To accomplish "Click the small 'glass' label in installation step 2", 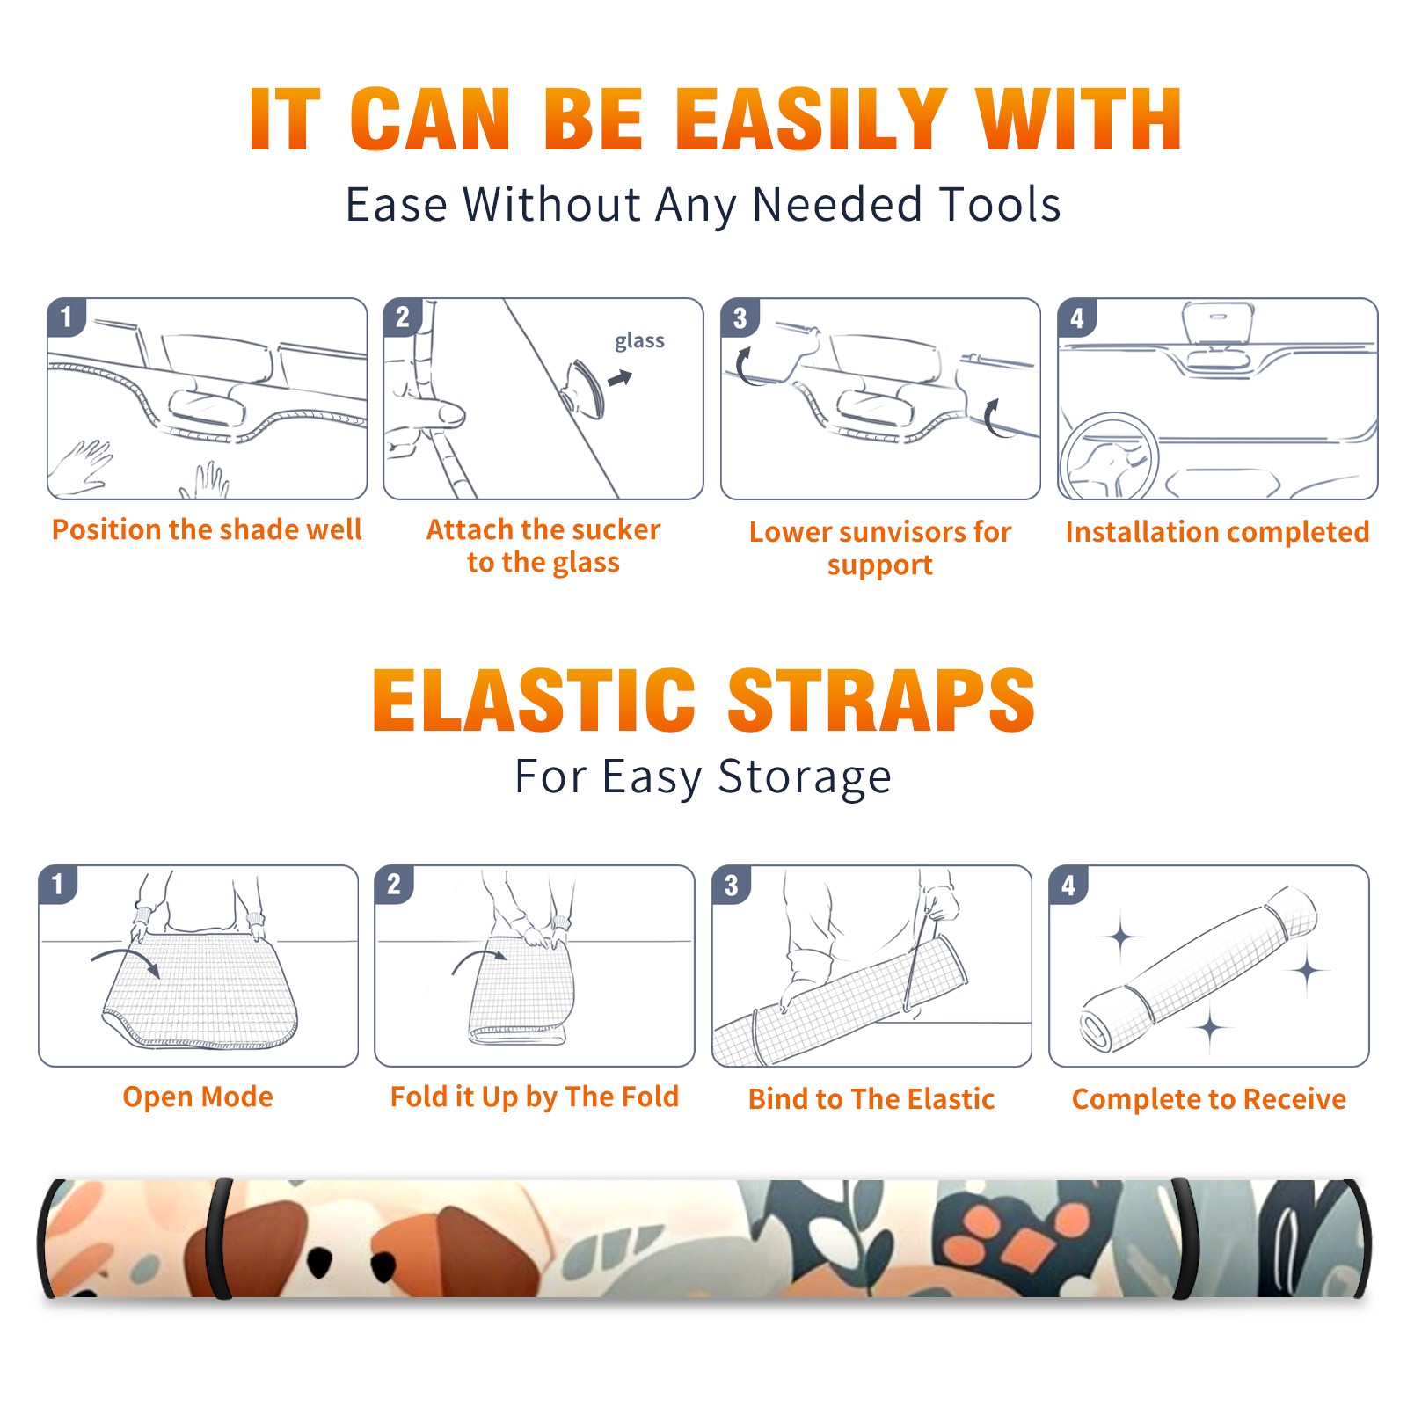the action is click(639, 341).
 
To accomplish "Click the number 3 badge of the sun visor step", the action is click(740, 317).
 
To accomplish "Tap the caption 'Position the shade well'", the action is click(207, 529).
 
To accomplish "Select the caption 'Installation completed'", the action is click(1217, 531).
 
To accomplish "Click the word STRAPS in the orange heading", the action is click(881, 700).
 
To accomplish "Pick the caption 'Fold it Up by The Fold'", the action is click(535, 1097).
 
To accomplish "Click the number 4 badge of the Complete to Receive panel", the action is click(1068, 885).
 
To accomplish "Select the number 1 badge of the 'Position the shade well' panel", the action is click(66, 317).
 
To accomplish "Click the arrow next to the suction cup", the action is click(621, 378).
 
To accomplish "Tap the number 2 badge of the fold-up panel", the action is click(393, 885).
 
